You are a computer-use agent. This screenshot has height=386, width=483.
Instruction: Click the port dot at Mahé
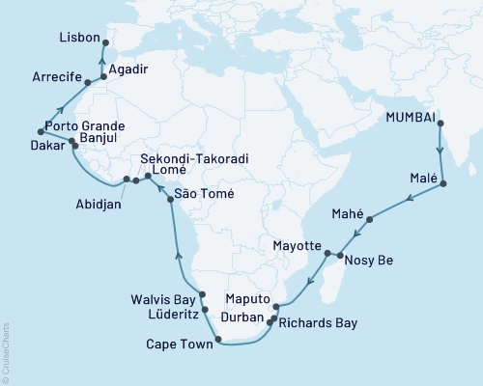[x=370, y=218]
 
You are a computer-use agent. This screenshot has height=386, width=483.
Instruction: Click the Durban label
[x=245, y=316]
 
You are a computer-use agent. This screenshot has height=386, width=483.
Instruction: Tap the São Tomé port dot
[x=171, y=199]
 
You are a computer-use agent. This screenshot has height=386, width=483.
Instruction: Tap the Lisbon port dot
[x=104, y=42]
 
